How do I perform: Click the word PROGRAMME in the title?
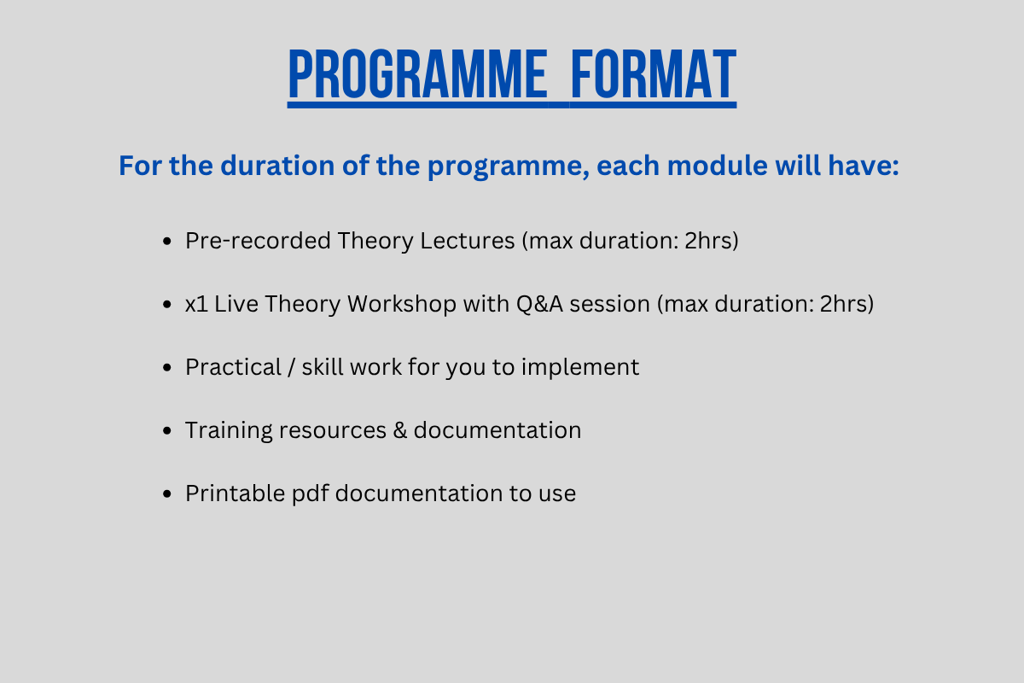[x=417, y=74]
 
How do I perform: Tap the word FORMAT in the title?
[x=654, y=74]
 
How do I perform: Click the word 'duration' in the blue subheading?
[x=277, y=165]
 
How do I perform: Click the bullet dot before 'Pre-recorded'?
[x=167, y=241]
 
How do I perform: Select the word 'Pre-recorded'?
[x=258, y=241]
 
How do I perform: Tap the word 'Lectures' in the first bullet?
[x=468, y=241]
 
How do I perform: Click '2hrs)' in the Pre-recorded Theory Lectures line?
[x=712, y=241]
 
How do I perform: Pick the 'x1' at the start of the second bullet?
[x=196, y=304]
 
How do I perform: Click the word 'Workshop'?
[x=402, y=304]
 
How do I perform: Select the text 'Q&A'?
[x=539, y=304]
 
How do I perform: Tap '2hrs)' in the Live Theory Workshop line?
[x=847, y=304]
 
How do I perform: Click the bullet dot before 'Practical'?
[x=167, y=367]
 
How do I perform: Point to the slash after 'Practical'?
[x=291, y=367]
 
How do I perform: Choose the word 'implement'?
[x=580, y=367]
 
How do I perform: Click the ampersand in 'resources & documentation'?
[x=400, y=430]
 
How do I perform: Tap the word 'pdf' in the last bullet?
[x=311, y=493]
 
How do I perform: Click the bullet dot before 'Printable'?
[x=167, y=494]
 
